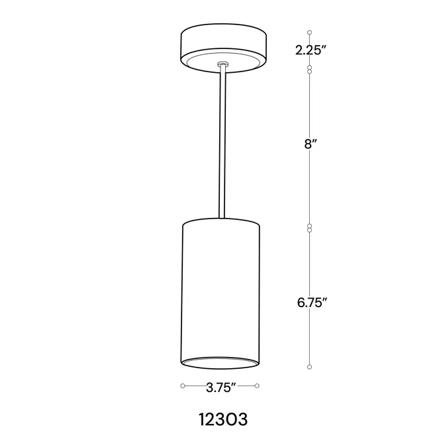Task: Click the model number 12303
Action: pyautogui.click(x=223, y=420)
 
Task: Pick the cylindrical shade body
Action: pyautogui.click(x=221, y=291)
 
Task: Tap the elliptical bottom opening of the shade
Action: pyautogui.click(x=221, y=362)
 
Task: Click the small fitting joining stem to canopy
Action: pyautogui.click(x=223, y=64)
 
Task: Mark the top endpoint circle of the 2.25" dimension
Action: pyautogui.click(x=310, y=32)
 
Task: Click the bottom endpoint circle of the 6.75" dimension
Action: pyautogui.click(x=310, y=368)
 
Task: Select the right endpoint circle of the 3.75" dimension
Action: pyautogui.click(x=258, y=385)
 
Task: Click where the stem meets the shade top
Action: pyautogui.click(x=223, y=219)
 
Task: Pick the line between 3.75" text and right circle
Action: pyautogui.click(x=247, y=385)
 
